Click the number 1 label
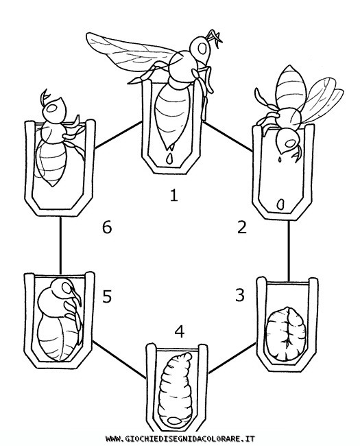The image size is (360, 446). coord(173,196)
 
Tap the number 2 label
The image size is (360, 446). coord(241,227)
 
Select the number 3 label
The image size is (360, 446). coord(240,295)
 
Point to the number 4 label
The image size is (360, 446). coord(180,331)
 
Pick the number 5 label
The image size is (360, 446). coord(107,296)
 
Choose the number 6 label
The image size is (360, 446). coord(107,228)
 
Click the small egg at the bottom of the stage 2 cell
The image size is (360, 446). coord(280,204)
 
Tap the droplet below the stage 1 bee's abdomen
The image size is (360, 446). coord(169,159)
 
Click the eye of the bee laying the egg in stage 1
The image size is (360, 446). coord(202,49)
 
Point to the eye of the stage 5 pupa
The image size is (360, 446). coord(67,288)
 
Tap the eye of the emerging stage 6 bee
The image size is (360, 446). coord(52,108)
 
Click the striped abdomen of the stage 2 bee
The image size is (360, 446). coord(291,87)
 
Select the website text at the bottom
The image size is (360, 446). coord(180,438)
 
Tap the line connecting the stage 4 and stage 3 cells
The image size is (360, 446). coord(232,358)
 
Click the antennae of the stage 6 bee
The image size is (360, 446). coord(45,97)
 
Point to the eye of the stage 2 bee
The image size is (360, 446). coord(290,143)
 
